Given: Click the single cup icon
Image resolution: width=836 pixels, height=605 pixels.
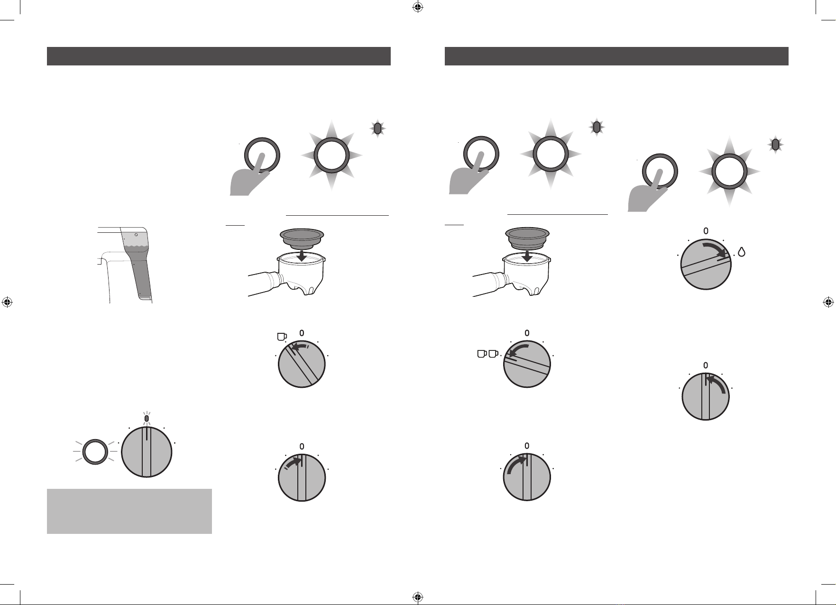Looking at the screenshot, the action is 282,337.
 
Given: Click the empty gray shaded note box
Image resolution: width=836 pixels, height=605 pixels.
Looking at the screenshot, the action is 129,511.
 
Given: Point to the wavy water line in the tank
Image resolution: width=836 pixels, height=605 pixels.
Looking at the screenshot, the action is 136,246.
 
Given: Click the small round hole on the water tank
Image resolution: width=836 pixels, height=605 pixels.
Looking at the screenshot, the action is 136,234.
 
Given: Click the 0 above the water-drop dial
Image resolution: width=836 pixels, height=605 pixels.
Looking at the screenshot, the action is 706,231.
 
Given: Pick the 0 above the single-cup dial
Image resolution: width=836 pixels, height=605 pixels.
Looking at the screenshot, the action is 302,332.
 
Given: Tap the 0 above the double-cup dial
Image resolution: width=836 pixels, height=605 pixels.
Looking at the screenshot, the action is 527,333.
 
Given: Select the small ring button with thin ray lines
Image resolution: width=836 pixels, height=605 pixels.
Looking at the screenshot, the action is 94,451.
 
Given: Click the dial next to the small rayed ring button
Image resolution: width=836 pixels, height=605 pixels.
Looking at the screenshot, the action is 147,451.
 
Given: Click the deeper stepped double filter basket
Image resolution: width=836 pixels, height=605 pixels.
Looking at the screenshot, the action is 526,238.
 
